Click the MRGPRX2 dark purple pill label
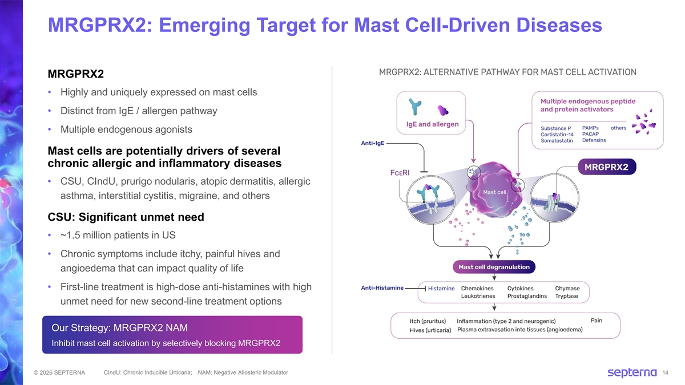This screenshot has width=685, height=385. (607, 167)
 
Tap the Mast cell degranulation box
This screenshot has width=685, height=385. (494, 267)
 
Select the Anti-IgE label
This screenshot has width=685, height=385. (372, 143)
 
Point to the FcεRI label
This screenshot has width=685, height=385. (400, 173)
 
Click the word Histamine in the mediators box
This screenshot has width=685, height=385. (441, 289)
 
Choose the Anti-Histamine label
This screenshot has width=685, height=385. (382, 288)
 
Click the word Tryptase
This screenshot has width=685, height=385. (566, 296)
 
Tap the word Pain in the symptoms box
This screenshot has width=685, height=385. (597, 320)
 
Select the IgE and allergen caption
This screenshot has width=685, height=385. (433, 124)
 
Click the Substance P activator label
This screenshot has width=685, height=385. (555, 128)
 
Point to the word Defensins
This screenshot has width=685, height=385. (594, 140)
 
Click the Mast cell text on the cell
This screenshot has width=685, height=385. (494, 192)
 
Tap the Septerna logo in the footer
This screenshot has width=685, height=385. (632, 372)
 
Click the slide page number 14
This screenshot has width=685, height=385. (665, 373)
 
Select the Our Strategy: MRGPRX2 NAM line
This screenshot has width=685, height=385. (119, 328)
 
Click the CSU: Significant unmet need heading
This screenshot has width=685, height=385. (126, 217)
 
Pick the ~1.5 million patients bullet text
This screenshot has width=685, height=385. (118, 235)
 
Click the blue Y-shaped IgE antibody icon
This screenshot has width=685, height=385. (415, 107)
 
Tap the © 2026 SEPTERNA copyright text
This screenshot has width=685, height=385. (59, 372)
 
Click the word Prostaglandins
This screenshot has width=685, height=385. (527, 296)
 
